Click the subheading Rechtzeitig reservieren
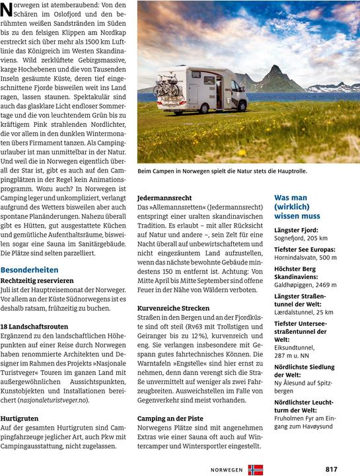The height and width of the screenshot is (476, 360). tap(37, 280)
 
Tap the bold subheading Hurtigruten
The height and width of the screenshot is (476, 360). tap(20, 418)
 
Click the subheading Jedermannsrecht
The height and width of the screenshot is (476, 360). tap(164, 198)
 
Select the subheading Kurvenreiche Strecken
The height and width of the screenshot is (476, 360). tap(173, 308)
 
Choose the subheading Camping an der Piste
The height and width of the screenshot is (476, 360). tap(169, 418)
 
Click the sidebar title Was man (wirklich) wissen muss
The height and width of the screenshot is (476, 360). tap(297, 206)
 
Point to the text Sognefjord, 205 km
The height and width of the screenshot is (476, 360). tap(301, 237)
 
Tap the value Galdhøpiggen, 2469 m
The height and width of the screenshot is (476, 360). tap(305, 284)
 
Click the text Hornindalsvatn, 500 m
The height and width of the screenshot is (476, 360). tap(305, 257)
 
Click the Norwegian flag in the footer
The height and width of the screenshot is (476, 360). tap(255, 469)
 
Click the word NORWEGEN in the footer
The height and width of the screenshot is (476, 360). tap(227, 470)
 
